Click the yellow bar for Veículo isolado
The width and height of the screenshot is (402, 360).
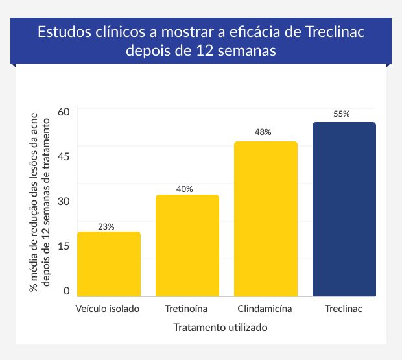point(109,264)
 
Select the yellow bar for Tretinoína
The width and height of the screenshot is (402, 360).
point(187,246)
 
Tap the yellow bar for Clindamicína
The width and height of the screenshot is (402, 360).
point(266,219)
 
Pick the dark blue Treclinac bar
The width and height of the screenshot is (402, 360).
point(344,210)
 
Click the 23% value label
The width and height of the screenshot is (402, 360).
point(106,227)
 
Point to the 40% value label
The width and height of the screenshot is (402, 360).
point(185,189)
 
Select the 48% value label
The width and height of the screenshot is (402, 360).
point(263,132)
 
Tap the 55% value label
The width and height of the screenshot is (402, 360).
point(342,114)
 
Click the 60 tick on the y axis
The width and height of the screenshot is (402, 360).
point(63,112)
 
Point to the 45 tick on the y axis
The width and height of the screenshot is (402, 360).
point(63,156)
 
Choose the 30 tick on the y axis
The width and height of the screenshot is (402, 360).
point(63,201)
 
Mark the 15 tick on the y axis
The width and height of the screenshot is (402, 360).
point(63,246)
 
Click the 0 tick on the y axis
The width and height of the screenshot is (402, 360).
point(66,291)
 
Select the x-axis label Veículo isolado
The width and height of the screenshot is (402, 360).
point(108,309)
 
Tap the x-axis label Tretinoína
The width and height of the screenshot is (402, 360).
point(187,309)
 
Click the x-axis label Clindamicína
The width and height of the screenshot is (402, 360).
point(265,309)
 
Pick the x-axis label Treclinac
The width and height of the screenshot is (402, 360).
point(344,309)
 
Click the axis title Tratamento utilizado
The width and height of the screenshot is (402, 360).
point(220,328)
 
